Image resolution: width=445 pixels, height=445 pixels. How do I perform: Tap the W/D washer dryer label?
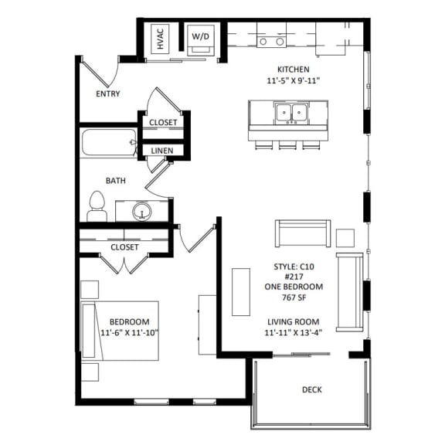tap(200, 36)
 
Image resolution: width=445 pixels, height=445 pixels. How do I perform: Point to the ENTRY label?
tap(107, 93)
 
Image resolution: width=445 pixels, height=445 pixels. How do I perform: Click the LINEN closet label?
tap(161, 151)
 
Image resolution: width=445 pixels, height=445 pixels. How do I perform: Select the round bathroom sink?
tap(141, 210)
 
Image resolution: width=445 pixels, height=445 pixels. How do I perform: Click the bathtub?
tap(108, 144)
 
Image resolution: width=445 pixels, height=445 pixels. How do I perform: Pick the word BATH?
tap(116, 181)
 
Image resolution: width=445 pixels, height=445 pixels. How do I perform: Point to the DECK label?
tap(311, 390)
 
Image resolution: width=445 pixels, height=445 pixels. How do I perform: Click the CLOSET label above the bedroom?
tap(124, 247)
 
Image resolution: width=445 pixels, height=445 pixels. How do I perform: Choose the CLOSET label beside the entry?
tap(163, 123)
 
